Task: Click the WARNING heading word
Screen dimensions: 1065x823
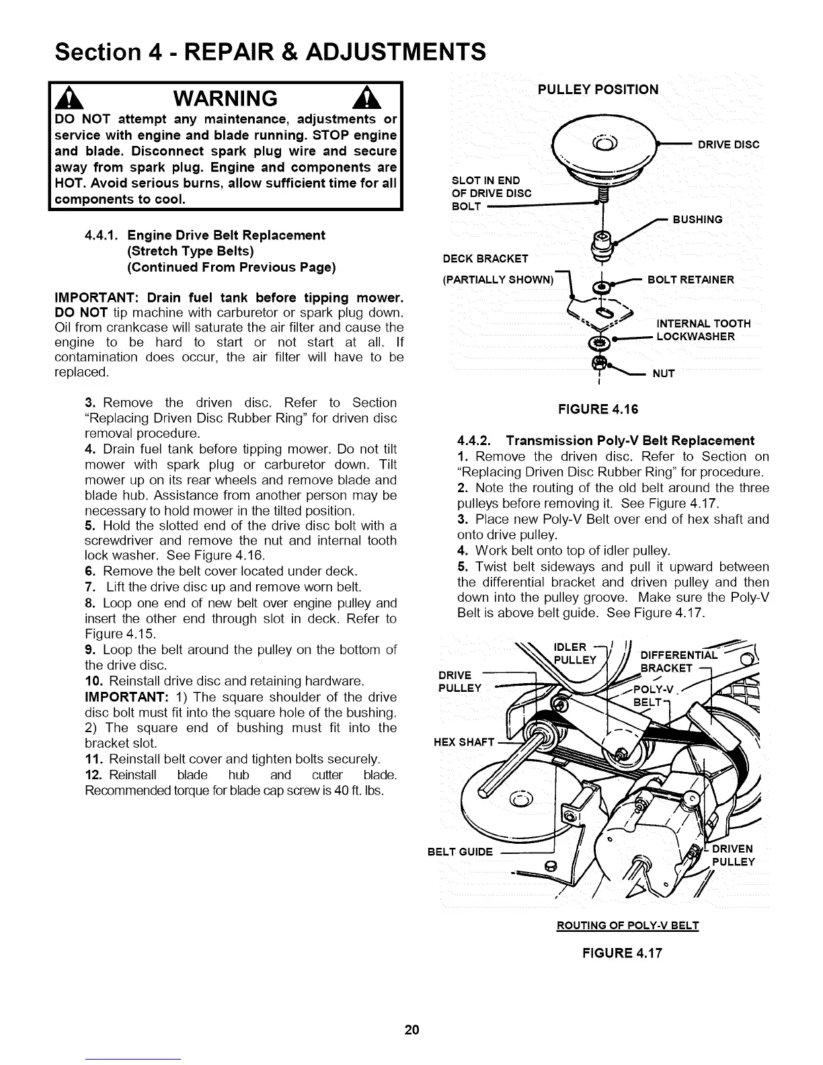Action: [225, 99]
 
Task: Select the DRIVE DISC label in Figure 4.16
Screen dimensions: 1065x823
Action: [728, 145]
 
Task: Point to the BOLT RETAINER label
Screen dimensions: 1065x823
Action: [691, 280]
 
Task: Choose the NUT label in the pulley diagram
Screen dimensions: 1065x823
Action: [663, 374]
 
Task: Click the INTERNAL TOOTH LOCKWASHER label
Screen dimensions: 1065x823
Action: [703, 330]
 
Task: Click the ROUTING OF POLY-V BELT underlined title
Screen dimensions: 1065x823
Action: [628, 926]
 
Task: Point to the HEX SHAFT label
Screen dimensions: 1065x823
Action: [463, 742]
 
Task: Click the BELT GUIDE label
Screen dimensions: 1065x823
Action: [460, 852]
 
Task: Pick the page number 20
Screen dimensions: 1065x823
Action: [412, 1029]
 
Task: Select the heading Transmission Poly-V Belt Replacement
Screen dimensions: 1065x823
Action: [630, 441]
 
